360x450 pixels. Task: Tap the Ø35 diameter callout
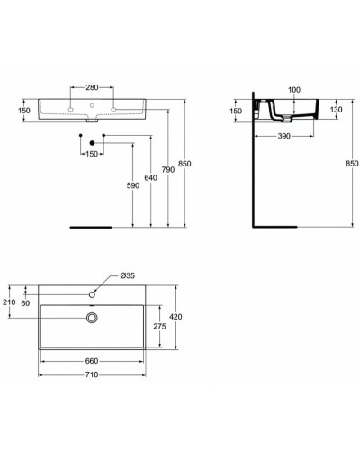[127, 275]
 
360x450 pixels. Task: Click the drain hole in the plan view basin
[93, 317]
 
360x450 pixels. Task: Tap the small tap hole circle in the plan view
[93, 294]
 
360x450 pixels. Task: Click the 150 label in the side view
[235, 111]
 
